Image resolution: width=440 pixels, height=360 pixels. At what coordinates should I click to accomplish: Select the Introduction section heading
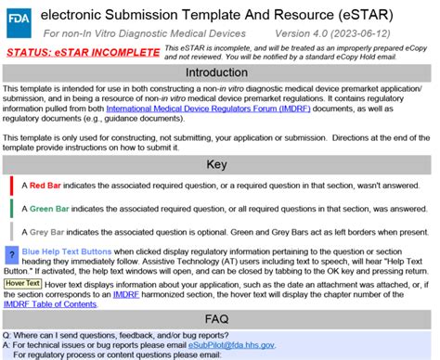(220, 71)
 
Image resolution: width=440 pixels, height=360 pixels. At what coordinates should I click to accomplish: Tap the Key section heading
(220, 164)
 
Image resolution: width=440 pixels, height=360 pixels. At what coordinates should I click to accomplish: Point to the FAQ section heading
(220, 315)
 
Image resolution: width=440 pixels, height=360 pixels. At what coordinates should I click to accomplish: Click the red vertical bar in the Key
(11, 186)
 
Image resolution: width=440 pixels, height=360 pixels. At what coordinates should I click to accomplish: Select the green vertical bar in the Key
(11, 209)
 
